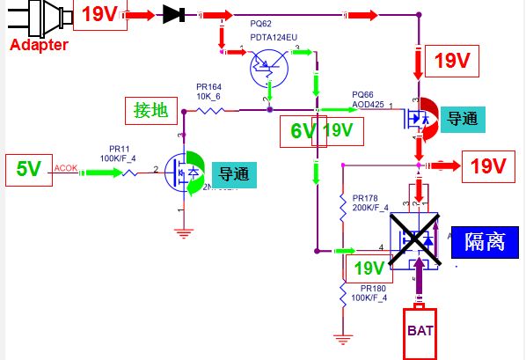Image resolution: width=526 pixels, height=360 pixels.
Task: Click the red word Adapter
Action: [x=39, y=44]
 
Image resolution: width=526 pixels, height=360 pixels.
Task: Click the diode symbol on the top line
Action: [x=172, y=15]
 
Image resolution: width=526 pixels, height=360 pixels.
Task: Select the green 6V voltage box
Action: [x=302, y=131]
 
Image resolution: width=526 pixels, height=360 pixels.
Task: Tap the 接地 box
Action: [x=150, y=110]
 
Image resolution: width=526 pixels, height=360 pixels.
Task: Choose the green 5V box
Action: [x=28, y=168]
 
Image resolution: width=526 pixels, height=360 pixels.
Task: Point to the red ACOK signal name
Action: [x=66, y=167]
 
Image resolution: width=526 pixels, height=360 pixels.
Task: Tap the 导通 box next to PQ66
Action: [x=463, y=119]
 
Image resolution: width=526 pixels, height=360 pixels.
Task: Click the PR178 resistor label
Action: [x=366, y=198]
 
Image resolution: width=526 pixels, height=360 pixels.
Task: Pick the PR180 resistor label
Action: [x=373, y=288]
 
